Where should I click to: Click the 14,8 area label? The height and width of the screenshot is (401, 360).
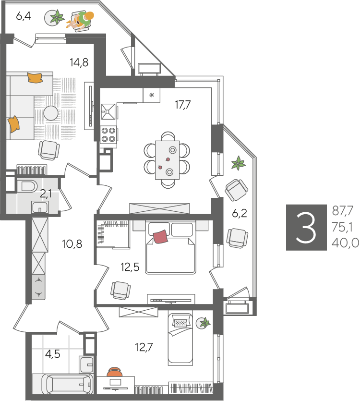[x=79, y=62]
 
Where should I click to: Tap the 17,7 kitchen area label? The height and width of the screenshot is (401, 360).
[x=183, y=105]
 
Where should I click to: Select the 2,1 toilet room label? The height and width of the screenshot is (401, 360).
[x=46, y=194]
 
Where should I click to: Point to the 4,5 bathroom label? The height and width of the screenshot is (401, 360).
[x=53, y=354]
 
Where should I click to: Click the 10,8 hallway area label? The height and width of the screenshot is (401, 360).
[x=72, y=244]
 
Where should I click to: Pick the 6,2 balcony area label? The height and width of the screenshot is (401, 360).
[x=240, y=213]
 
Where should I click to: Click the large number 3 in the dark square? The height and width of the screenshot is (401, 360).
[x=306, y=227]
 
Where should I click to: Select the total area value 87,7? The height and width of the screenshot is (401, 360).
[x=343, y=211]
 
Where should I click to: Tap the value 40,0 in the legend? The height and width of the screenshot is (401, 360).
[x=346, y=243]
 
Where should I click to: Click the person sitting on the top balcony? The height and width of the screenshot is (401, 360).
[x=81, y=20]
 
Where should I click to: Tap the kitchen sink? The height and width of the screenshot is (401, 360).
[x=108, y=111]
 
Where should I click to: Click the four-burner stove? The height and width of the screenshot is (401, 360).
[x=108, y=135]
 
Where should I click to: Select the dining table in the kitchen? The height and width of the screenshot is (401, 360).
[x=167, y=160]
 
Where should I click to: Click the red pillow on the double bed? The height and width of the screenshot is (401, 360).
[x=161, y=236]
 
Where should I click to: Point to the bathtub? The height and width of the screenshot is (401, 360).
[x=69, y=385]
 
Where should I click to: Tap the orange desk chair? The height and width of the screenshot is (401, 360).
[x=114, y=372]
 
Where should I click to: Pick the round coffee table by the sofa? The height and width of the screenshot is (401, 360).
[x=50, y=113]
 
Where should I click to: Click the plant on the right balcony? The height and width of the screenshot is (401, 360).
[x=238, y=163]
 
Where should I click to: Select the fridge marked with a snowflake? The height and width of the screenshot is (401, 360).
[x=151, y=95]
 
